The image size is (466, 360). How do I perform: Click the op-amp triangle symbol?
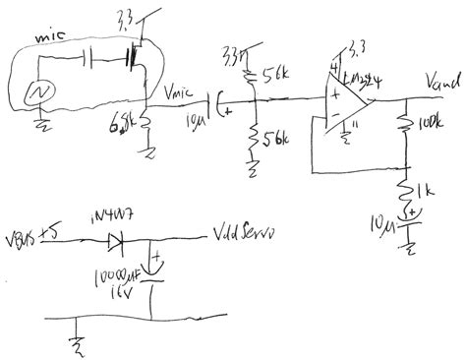tap(349, 96)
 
